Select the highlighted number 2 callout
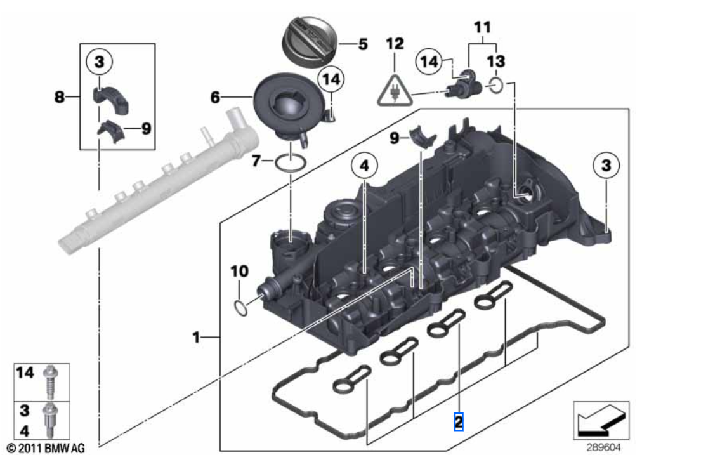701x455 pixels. (459, 421)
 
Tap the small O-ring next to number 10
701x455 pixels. (239, 309)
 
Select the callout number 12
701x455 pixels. (395, 44)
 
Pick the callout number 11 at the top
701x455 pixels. (482, 28)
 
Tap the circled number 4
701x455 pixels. (364, 167)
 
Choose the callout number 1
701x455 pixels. (197, 337)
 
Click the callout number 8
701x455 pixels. (59, 97)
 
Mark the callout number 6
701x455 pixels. (215, 97)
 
